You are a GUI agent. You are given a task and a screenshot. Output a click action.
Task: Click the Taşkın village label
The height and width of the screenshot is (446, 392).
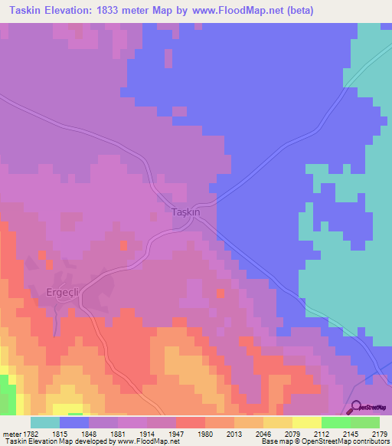[x=185, y=212]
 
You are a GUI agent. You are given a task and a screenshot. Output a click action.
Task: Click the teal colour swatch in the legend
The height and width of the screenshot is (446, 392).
[x=45, y=422]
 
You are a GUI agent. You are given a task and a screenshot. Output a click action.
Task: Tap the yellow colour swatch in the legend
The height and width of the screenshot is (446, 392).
[x=307, y=422]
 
